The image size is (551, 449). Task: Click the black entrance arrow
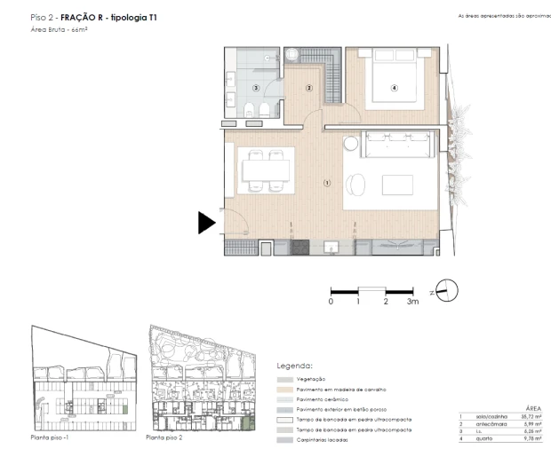(205, 223)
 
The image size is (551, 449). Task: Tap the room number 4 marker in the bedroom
(394, 87)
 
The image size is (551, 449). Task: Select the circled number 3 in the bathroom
(255, 88)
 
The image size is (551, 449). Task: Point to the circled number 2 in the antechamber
(309, 87)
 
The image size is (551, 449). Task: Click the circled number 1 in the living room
(327, 184)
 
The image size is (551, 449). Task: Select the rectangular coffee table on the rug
(397, 185)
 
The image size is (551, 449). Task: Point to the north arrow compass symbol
(447, 290)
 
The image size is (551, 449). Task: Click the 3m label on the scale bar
(412, 303)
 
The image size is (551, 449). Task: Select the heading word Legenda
(295, 365)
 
